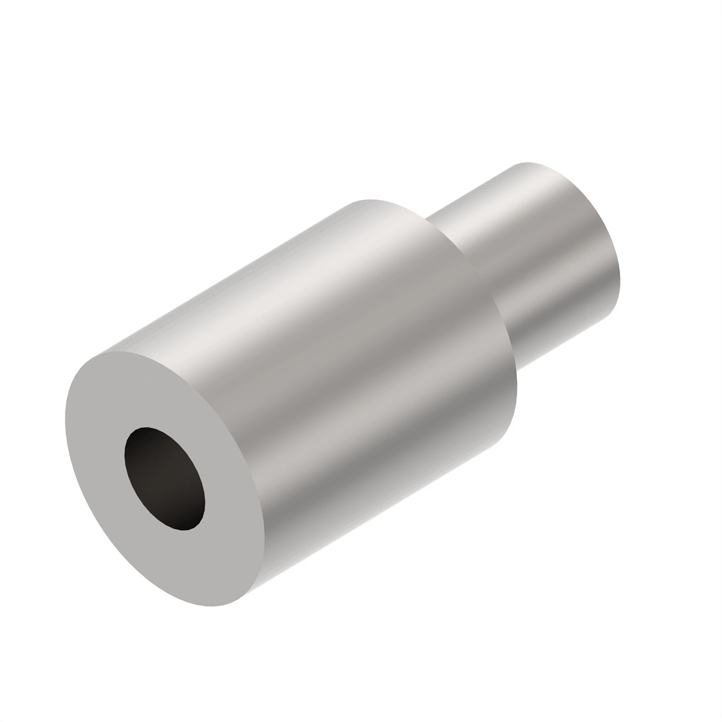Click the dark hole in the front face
click(164, 479)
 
